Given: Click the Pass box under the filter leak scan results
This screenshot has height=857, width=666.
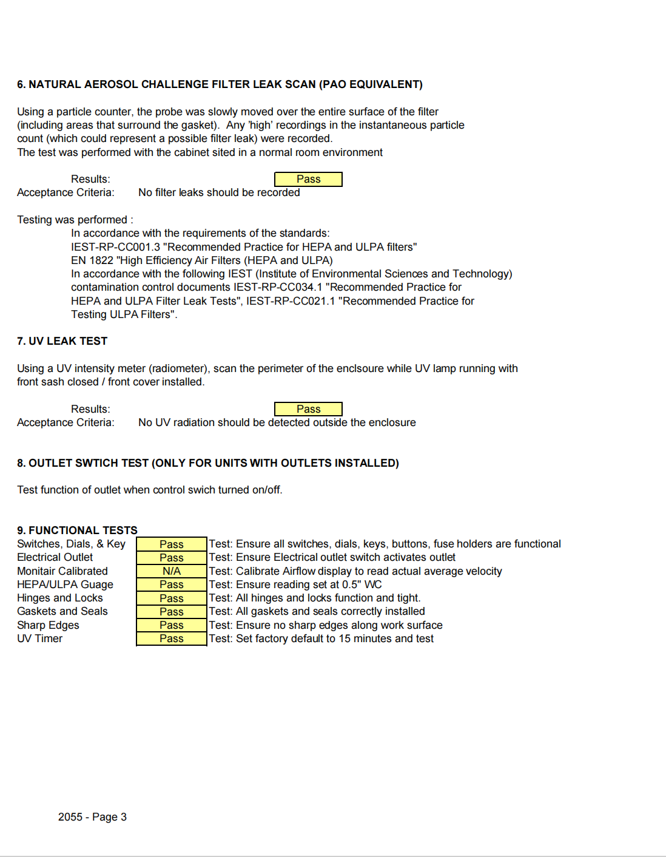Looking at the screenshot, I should (x=308, y=179).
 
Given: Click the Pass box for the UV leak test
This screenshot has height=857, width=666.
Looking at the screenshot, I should (x=308, y=409).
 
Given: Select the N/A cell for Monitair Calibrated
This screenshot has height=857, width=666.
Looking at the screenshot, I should (x=172, y=571).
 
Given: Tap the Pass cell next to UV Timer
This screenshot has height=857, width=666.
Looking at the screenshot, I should (x=172, y=639).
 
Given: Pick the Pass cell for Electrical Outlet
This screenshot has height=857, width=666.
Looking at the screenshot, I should (x=172, y=558).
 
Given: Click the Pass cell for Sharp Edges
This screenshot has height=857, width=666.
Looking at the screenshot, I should (x=172, y=625).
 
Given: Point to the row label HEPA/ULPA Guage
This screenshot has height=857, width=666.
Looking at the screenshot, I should (x=65, y=584).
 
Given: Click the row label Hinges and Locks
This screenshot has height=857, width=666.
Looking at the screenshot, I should (x=60, y=598).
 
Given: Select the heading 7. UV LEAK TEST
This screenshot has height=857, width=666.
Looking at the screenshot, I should (x=62, y=341).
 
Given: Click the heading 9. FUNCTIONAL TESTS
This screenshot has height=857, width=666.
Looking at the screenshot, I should (x=77, y=530).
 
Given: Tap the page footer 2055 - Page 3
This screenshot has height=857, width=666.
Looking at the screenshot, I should (x=92, y=817).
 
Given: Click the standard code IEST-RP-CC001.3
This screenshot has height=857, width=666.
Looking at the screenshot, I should (x=115, y=247).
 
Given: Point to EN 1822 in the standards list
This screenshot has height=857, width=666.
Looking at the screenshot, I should (x=92, y=260).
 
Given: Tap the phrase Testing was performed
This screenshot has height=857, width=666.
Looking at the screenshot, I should (x=72, y=220).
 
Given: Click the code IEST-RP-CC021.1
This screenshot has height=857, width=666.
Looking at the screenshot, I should (x=291, y=301).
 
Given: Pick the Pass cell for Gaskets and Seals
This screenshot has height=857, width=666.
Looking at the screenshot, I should (x=172, y=612).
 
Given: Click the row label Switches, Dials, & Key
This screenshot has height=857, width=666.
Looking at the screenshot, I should (x=71, y=544).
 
